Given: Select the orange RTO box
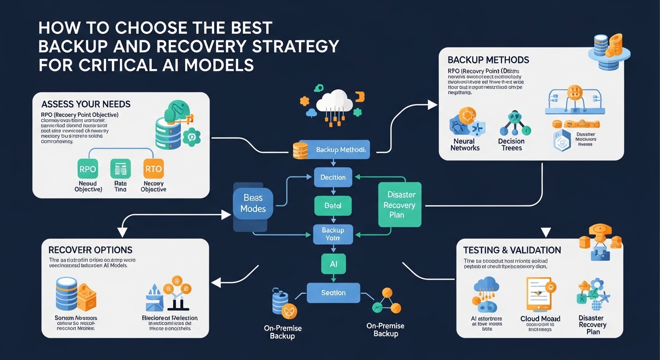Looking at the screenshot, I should click(153, 169).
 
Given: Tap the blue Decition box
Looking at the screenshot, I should click(333, 178).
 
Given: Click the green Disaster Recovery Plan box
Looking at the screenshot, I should click(399, 204).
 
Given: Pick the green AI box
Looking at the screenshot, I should click(333, 264).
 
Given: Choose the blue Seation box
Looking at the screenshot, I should click(333, 292).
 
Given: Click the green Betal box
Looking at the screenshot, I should click(333, 205).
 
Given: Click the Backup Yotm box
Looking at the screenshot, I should click(333, 234).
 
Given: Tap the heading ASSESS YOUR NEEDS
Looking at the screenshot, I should click(86, 104).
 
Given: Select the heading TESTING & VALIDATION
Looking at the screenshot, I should click(512, 250).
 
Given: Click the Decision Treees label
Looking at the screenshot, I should click(511, 144).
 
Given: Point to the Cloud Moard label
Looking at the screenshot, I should click(540, 319).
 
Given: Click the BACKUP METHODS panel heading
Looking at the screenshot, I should click(488, 60).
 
